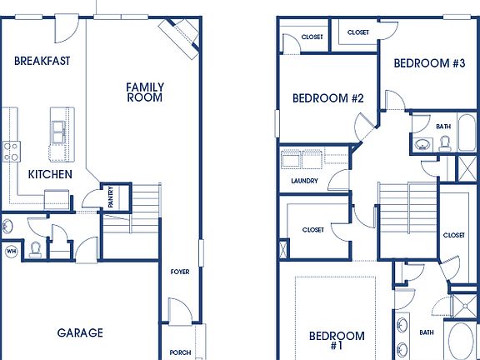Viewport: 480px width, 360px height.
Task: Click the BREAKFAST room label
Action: pyautogui.click(x=42, y=60)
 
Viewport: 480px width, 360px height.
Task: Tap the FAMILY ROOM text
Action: pyautogui.click(x=145, y=92)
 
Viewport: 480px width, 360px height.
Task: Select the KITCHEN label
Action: pyautogui.click(x=50, y=174)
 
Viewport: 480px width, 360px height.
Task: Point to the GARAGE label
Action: pyautogui.click(x=80, y=332)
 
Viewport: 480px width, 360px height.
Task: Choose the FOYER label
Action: pyautogui.click(x=179, y=271)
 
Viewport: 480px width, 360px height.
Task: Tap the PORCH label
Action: pyautogui.click(x=179, y=352)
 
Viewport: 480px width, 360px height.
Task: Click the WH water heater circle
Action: pyautogui.click(x=12, y=250)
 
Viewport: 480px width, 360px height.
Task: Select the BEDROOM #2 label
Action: pyautogui.click(x=328, y=98)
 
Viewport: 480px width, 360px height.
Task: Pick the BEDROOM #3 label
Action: pyautogui.click(x=428, y=63)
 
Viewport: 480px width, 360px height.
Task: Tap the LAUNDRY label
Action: pyautogui.click(x=303, y=181)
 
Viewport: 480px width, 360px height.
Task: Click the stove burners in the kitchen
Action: pyautogui.click(x=12, y=151)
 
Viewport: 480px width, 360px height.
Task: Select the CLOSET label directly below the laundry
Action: pyautogui.click(x=312, y=230)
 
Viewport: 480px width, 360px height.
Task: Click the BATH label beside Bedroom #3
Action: pyautogui.click(x=442, y=127)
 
